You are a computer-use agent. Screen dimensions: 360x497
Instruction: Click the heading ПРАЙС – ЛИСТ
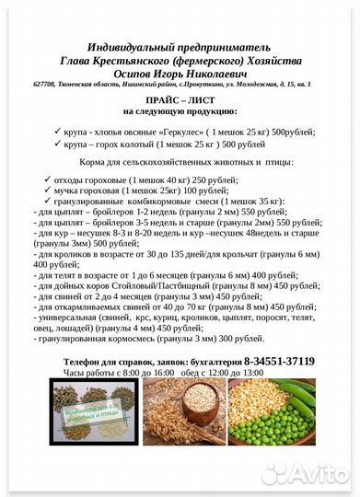point(180,98)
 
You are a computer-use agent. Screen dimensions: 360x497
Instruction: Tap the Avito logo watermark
point(304,472)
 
